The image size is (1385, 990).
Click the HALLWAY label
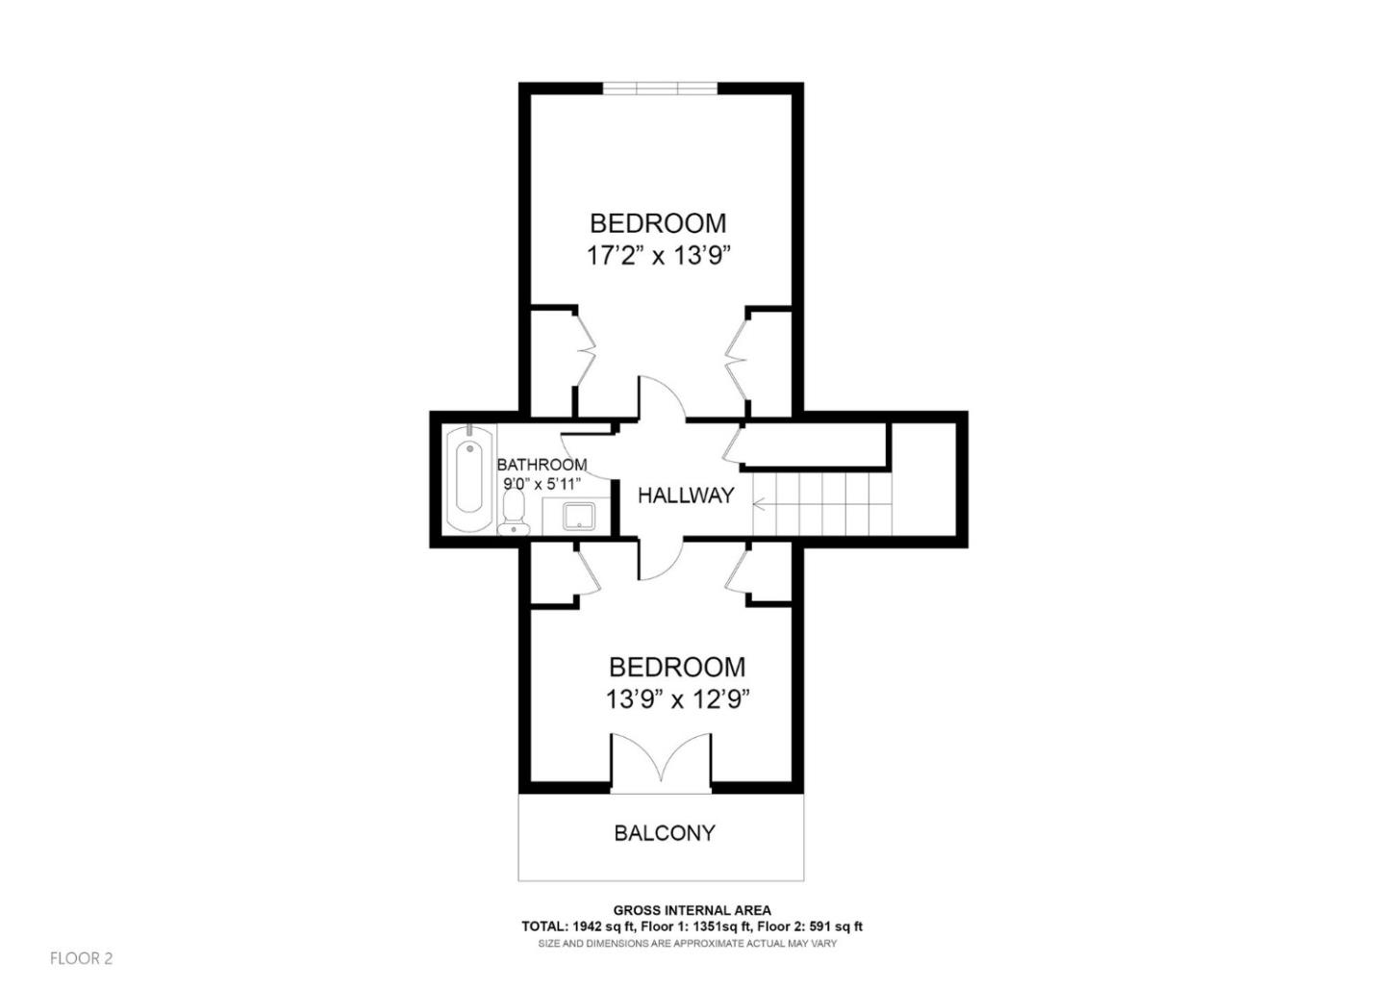(x=686, y=495)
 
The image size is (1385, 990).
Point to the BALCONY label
(x=665, y=833)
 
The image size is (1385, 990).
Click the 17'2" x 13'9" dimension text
(x=659, y=256)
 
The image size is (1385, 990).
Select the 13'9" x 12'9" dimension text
(x=677, y=699)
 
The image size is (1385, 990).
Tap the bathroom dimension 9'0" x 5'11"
(x=541, y=485)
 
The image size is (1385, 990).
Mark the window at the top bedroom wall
(x=660, y=89)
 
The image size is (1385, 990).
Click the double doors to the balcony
(x=661, y=765)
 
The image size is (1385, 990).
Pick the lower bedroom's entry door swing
(x=660, y=561)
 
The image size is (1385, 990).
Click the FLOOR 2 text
(x=82, y=958)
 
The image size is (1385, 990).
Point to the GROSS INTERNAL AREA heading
(x=692, y=910)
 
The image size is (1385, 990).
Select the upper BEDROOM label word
(x=658, y=223)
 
